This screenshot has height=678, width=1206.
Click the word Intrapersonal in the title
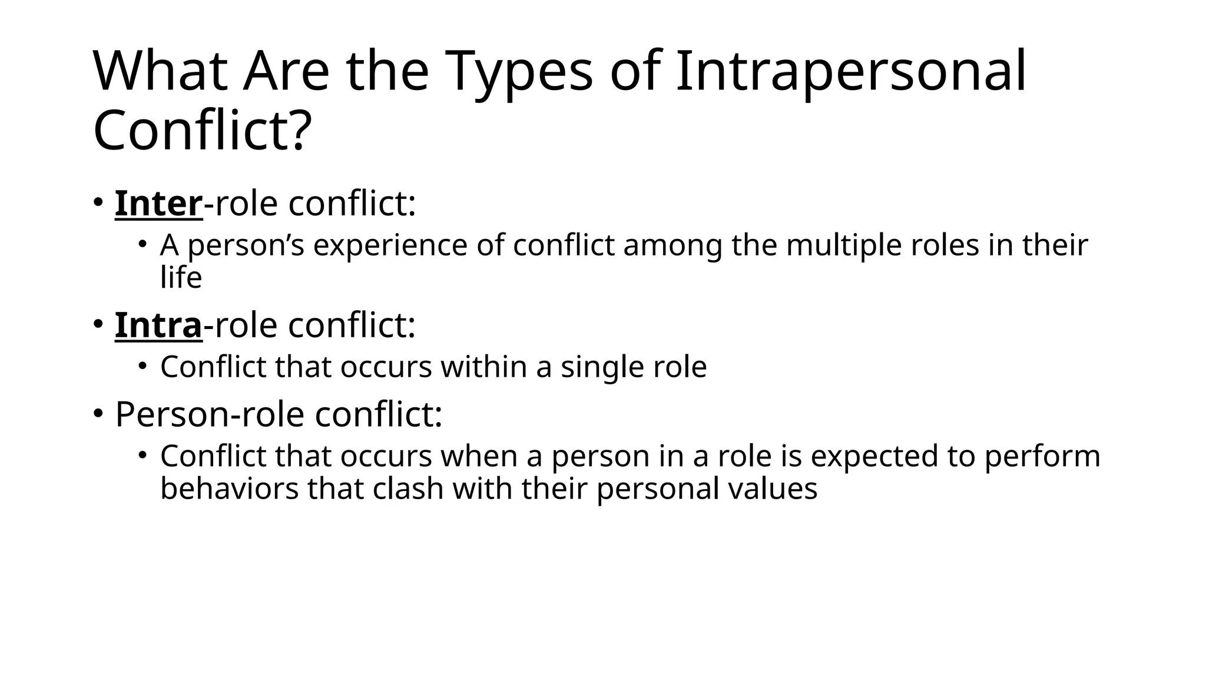click(851, 72)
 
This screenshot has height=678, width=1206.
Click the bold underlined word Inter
click(158, 204)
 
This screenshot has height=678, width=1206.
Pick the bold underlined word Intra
click(158, 325)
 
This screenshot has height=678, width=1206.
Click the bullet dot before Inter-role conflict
click(98, 202)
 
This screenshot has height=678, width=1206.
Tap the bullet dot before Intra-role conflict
click(98, 324)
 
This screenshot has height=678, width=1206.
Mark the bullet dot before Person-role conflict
click(98, 413)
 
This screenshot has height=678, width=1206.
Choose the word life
click(181, 277)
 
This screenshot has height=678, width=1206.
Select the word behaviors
click(229, 488)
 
